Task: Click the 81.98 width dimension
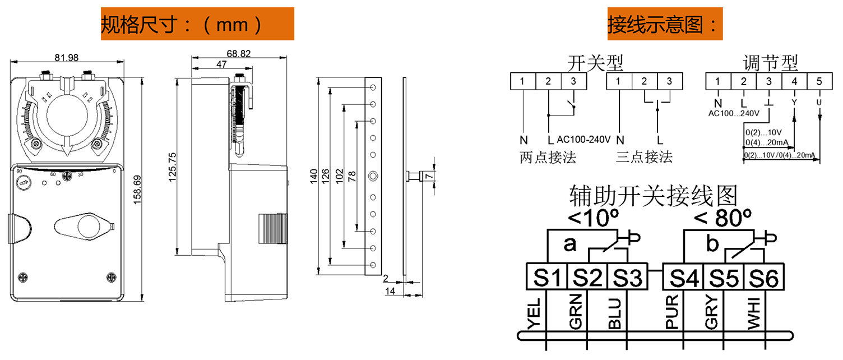[67, 58]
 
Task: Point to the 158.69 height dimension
[137, 190]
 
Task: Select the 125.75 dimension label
[172, 167]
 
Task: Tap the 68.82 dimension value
[239, 54]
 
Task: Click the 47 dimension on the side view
[221, 64]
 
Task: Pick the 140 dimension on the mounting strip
[314, 176]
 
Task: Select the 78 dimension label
[352, 176]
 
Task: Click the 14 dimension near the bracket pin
[390, 291]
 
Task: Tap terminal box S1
[546, 277]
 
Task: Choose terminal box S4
[683, 278]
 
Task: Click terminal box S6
[763, 278]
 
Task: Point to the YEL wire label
[534, 313]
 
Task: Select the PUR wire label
[672, 312]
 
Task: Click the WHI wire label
[754, 313]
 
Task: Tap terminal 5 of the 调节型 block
[819, 81]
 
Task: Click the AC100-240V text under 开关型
[583, 140]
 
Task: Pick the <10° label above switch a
[594, 218]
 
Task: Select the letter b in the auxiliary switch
[712, 243]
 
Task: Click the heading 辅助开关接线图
[653, 196]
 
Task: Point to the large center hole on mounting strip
[373, 176]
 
